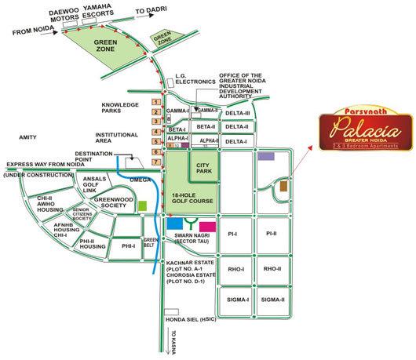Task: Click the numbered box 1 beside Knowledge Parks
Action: click(x=156, y=102)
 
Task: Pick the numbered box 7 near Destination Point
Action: click(x=156, y=162)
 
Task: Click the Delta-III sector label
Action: click(x=235, y=113)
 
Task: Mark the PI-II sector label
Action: click(x=272, y=234)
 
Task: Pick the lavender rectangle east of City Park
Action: click(x=266, y=157)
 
